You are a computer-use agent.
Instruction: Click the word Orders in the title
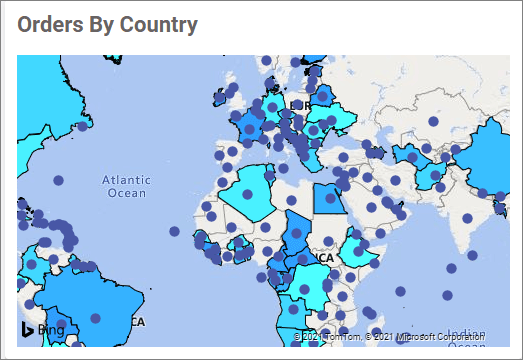(46, 25)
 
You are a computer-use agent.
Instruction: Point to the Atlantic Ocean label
(126, 186)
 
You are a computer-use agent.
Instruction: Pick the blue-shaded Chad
(297, 232)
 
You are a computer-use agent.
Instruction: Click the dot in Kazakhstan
(434, 122)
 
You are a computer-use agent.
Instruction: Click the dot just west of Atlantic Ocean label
(58, 180)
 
